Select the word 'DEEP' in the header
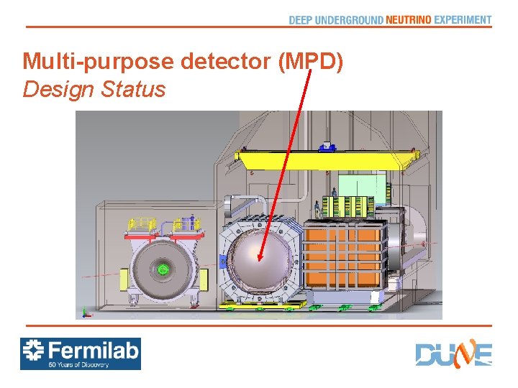coord(300,20)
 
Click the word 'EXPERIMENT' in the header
coord(463,20)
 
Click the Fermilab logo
coord(80,354)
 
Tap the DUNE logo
coord(453,354)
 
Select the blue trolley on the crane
coord(327,146)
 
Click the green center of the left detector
coord(163,269)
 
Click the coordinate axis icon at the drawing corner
coord(85,312)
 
